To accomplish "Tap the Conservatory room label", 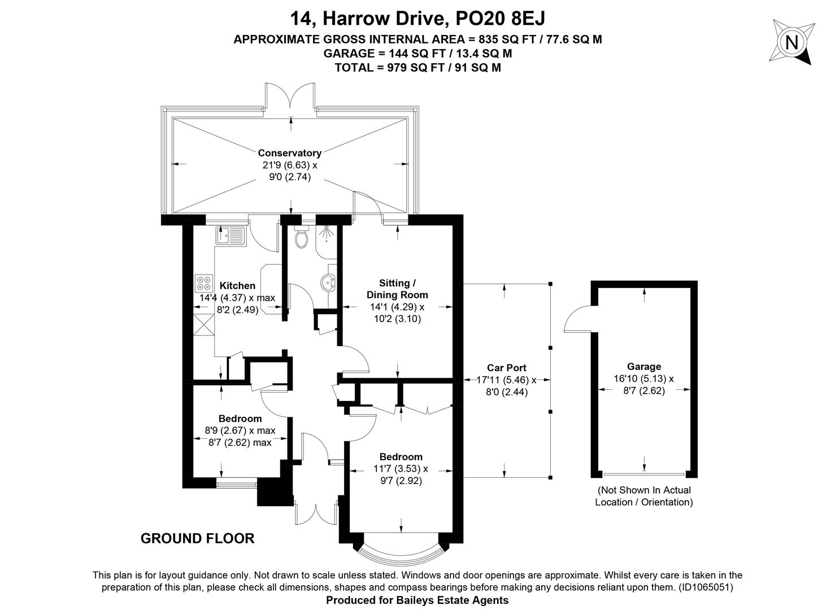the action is click(x=290, y=152).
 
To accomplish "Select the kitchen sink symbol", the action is click(x=230, y=236).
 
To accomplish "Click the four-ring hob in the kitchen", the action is click(x=203, y=283).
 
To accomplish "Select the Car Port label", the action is click(x=507, y=368).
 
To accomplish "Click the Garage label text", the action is click(x=644, y=367).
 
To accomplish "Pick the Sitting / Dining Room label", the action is click(x=397, y=289).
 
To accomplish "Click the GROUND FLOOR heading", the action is click(x=198, y=538).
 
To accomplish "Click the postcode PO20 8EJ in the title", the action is click(x=500, y=18).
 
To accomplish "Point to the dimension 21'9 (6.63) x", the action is click(x=290, y=165).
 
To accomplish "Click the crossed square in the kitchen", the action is click(x=204, y=325).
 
